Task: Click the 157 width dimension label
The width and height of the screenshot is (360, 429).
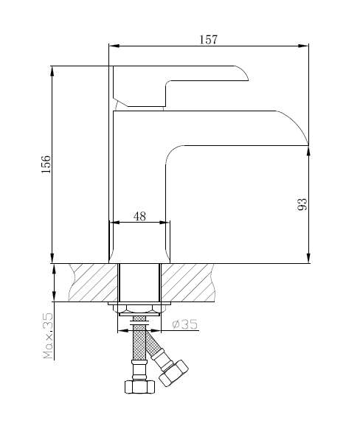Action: pyautogui.click(x=208, y=40)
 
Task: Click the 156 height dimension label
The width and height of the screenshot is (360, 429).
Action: pyautogui.click(x=46, y=164)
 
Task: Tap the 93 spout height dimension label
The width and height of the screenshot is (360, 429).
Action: pyautogui.click(x=302, y=204)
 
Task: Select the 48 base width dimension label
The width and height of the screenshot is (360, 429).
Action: pyautogui.click(x=139, y=217)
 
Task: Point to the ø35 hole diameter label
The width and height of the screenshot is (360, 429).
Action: pyautogui.click(x=184, y=324)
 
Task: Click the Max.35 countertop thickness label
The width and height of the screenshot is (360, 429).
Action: pyautogui.click(x=48, y=335)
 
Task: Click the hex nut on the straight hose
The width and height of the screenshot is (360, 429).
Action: pyautogui.click(x=139, y=386)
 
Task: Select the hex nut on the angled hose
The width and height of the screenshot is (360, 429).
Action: pyautogui.click(x=173, y=373)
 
